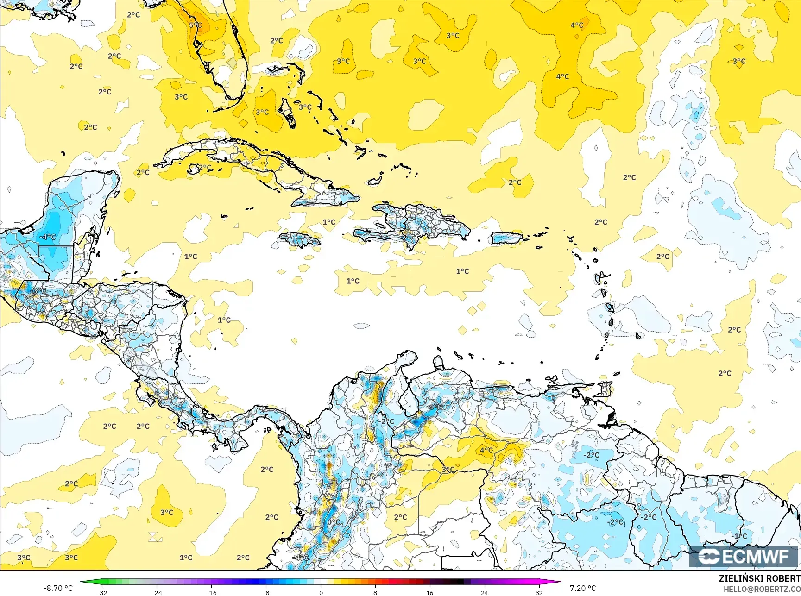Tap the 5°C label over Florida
click(196, 25)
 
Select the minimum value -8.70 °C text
click(58, 588)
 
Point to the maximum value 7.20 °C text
click(583, 588)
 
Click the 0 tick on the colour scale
click(321, 592)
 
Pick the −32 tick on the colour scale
click(102, 592)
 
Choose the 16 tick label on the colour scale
click(429, 592)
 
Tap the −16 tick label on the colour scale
click(211, 592)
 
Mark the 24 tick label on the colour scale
click(484, 592)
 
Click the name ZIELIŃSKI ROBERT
click(759, 578)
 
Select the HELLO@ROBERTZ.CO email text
click(762, 589)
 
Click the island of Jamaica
click(299, 239)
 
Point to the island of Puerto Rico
click(506, 238)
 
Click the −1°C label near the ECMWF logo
click(739, 536)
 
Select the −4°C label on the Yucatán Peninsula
click(47, 237)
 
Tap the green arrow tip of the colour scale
click(82, 582)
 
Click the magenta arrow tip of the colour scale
click(559, 582)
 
